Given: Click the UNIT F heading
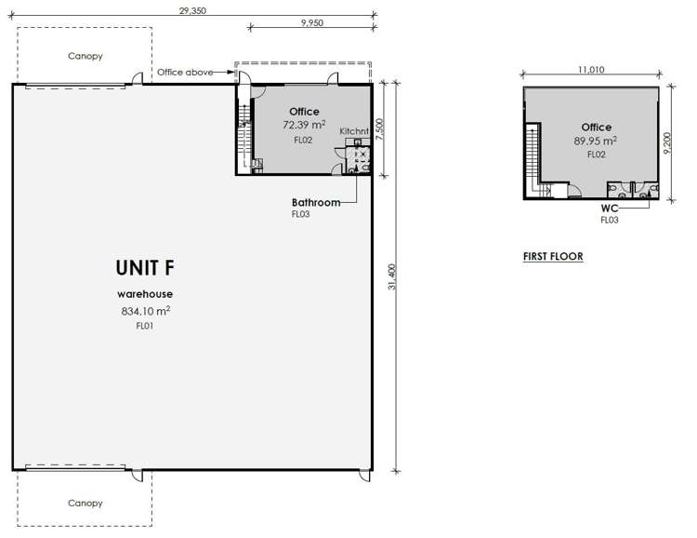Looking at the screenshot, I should [144, 268].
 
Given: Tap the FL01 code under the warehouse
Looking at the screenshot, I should [144, 327].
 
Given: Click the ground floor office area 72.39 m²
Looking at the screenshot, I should [304, 124].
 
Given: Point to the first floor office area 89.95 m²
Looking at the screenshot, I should [596, 141].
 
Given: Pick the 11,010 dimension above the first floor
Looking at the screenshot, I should [592, 69].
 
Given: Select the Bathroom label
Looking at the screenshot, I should [314, 202].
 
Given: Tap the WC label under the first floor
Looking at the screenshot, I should [610, 208].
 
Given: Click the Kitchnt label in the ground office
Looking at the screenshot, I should [355, 131].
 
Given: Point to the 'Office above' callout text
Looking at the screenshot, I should [185, 72].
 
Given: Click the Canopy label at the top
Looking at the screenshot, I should [85, 56].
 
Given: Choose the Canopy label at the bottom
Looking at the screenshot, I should [85, 503].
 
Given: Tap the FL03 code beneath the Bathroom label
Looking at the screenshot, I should [300, 214].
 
